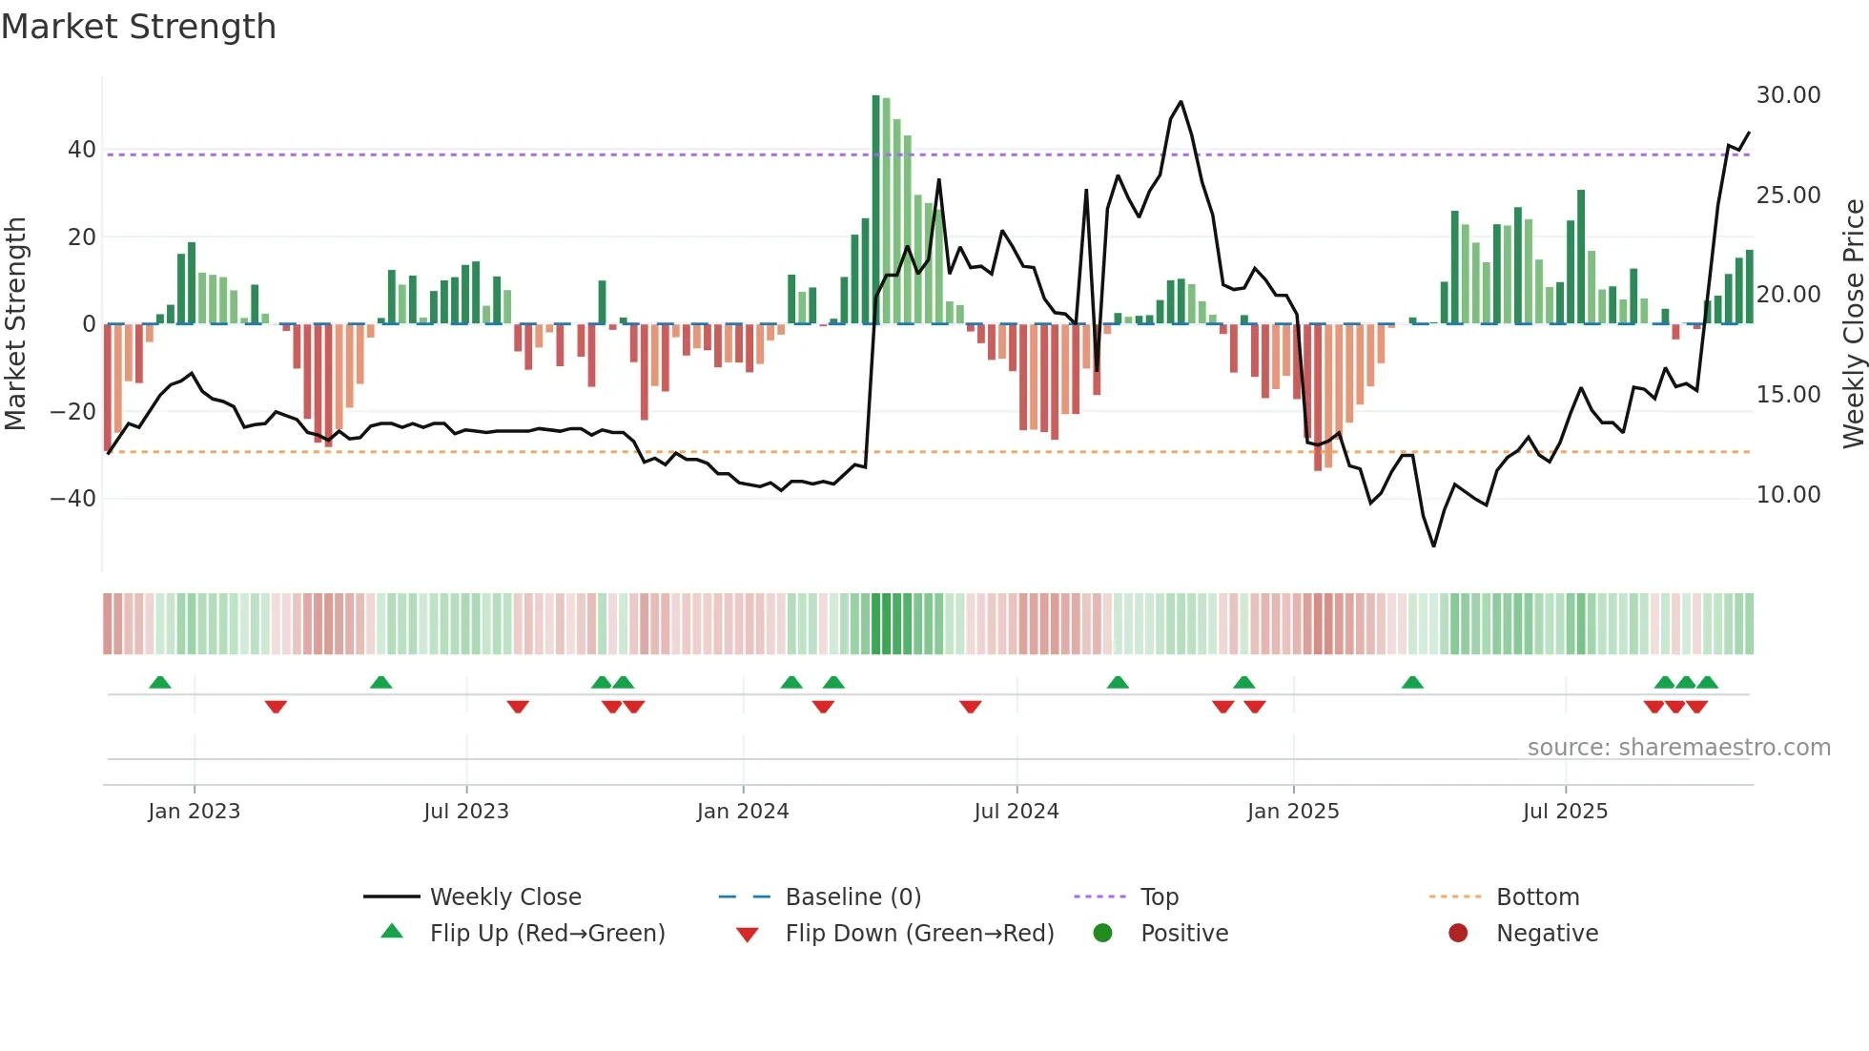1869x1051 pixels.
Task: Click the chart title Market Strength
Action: (138, 27)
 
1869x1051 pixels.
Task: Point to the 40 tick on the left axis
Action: (81, 150)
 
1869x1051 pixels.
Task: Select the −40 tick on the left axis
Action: (73, 499)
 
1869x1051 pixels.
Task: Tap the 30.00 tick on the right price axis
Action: (1788, 95)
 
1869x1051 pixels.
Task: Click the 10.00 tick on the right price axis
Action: (1788, 495)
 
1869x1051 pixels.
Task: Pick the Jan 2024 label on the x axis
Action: (742, 812)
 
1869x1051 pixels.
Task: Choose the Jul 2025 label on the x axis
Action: (1565, 812)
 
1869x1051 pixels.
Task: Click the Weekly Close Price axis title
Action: (1853, 324)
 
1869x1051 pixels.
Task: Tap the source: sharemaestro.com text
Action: (1678, 748)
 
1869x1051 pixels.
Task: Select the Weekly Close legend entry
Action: (504, 897)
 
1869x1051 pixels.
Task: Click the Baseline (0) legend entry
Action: (852, 897)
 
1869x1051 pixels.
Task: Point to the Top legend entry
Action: (1159, 897)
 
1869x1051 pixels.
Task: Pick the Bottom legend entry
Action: (1537, 897)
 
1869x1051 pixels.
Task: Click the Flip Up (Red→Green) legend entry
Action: (546, 934)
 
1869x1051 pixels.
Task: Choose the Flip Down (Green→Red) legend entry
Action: (918, 934)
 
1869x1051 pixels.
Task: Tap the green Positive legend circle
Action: (1102, 934)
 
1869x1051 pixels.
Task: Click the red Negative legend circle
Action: (1457, 934)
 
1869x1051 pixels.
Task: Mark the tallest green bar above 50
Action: (875, 210)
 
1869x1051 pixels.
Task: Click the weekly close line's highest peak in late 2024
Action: (1181, 102)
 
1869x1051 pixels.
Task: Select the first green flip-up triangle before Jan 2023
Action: (160, 683)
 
